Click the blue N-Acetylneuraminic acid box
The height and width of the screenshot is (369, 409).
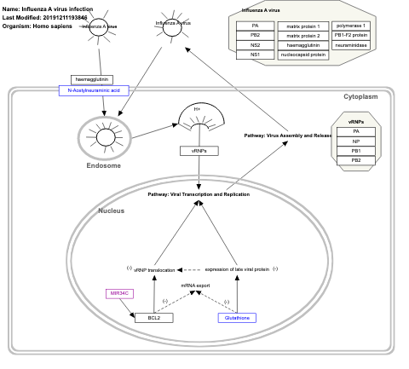(94, 89)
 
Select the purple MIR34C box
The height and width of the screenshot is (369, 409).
(120, 294)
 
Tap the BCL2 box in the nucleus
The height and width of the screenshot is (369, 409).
(153, 317)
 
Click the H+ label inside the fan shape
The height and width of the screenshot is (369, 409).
(197, 109)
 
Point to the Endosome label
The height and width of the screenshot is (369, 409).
(103, 165)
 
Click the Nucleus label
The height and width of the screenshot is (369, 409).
(112, 210)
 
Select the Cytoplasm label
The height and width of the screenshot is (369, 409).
(360, 97)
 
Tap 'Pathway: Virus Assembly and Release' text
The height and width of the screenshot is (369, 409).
(288, 135)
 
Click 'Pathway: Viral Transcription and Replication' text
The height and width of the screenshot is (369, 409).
(199, 194)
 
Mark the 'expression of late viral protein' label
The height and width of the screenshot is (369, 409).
(237, 269)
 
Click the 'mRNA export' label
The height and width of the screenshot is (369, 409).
(194, 285)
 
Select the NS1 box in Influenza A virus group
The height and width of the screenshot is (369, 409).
(256, 55)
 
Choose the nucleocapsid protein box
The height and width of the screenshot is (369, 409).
(302, 55)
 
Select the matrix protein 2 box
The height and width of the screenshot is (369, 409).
(302, 36)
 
